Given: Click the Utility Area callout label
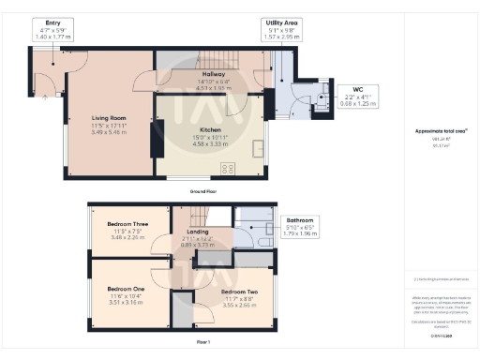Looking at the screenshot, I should [x=282, y=21].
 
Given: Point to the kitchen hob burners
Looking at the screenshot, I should [x=227, y=169].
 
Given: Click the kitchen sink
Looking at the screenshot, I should [x=257, y=150].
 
